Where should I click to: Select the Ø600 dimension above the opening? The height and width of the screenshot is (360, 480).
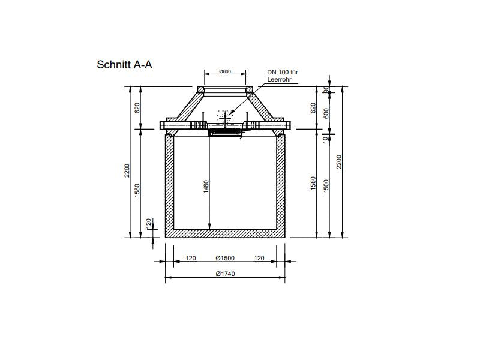pos(226,72)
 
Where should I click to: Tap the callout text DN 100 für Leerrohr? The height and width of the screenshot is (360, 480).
pos(283,76)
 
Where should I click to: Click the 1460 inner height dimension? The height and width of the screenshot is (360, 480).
pos(206,186)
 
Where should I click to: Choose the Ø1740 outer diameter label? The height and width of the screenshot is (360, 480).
pos(225,274)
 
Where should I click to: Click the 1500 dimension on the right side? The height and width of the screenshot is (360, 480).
pos(326,186)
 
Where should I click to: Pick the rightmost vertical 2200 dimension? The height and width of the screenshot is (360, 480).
pos(340,162)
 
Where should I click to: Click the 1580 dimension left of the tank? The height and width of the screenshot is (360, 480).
pos(137,190)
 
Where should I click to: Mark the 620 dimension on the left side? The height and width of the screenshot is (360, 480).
pos(137,108)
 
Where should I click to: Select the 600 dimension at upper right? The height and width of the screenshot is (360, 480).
pos(326,112)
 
